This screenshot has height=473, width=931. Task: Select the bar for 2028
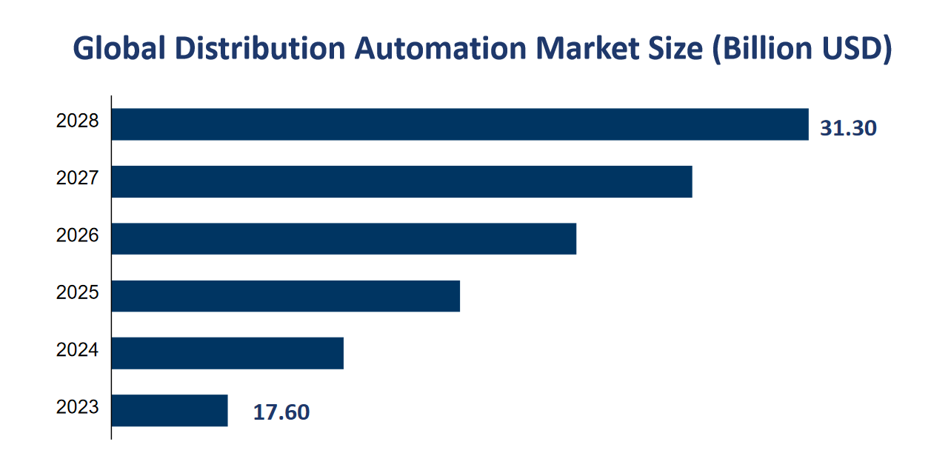pyautogui.click(x=459, y=124)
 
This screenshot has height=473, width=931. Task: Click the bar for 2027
pyautogui.click(x=401, y=181)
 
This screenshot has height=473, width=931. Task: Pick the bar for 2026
pyautogui.click(x=344, y=238)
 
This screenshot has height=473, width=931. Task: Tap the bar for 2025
pyautogui.click(x=286, y=296)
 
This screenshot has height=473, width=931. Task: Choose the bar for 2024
pyautogui.click(x=227, y=353)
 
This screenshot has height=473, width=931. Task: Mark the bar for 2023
pyautogui.click(x=170, y=410)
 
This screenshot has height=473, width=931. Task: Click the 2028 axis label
pyautogui.click(x=77, y=121)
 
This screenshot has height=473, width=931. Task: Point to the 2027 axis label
pyautogui.click(x=77, y=178)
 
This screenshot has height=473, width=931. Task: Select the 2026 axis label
pyautogui.click(x=77, y=235)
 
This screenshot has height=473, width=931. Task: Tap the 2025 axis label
pyautogui.click(x=77, y=292)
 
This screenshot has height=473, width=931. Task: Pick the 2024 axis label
pyautogui.click(x=77, y=349)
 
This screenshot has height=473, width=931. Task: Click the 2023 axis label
pyautogui.click(x=77, y=407)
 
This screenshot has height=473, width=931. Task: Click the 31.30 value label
pyautogui.click(x=848, y=129)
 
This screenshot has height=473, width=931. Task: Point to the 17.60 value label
pyautogui.click(x=281, y=412)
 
